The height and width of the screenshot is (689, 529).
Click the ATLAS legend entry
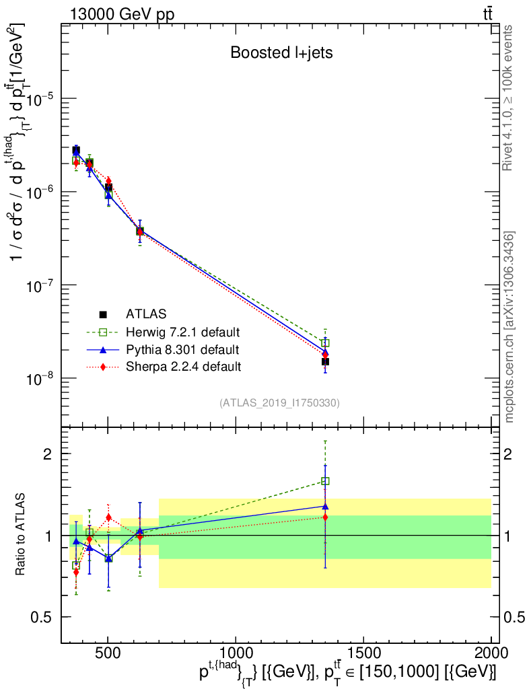(x=146, y=314)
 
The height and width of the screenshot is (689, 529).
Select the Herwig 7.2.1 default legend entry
(x=183, y=332)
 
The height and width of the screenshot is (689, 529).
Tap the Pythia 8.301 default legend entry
(x=182, y=349)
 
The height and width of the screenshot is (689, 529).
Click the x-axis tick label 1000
(x=236, y=653)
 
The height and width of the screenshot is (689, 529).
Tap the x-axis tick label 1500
(x=363, y=653)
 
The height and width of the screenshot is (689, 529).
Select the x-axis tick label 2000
(x=491, y=653)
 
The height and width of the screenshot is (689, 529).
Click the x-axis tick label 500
(x=108, y=653)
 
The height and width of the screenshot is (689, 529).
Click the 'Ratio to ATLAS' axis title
(x=22, y=535)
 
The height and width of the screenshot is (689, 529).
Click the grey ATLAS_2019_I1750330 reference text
(x=279, y=403)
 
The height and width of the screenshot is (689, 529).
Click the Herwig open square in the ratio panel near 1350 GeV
(x=325, y=481)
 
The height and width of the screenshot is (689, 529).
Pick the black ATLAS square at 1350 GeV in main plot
(x=325, y=362)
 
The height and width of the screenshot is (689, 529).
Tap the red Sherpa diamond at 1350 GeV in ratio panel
(x=325, y=517)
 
